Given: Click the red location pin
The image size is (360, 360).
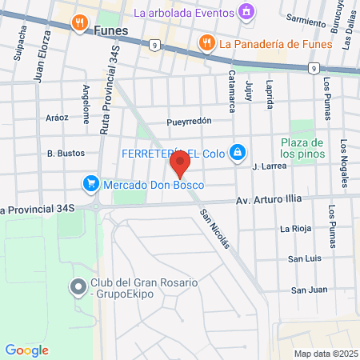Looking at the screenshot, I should (x=179, y=166).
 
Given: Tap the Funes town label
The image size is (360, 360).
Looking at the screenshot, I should (x=111, y=28).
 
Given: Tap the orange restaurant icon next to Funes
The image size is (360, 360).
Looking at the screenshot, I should (x=79, y=23).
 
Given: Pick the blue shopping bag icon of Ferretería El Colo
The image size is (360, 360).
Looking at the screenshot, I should (x=237, y=151).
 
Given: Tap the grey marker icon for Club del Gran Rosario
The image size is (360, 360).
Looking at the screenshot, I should (x=78, y=286).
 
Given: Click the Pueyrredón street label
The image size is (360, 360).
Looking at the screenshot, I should (x=188, y=122).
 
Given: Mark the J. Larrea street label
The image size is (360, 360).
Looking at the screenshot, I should (x=269, y=166).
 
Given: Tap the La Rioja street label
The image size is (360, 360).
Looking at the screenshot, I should (x=294, y=229).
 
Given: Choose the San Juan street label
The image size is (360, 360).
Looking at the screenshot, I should (x=308, y=289).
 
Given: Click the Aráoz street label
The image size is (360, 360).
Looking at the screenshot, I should (x=58, y=117).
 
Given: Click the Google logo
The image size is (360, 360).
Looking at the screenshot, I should (x=26, y=350).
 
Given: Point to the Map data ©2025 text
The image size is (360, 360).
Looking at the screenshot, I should (x=325, y=354).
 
